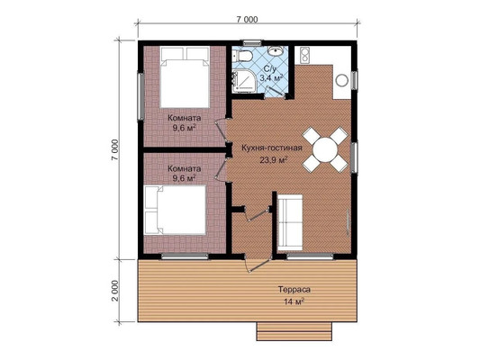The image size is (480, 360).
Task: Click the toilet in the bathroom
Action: (x=242, y=57)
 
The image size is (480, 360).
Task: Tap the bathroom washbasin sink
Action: (x=276, y=50)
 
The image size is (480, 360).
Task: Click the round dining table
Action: (x=325, y=150)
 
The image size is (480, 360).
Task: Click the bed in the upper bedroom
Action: (x=185, y=77)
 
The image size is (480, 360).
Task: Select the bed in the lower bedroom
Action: (x=175, y=210)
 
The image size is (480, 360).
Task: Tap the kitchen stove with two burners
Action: (x=305, y=56)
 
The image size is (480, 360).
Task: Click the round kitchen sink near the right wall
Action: (x=341, y=80)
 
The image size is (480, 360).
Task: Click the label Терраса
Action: (x=294, y=289)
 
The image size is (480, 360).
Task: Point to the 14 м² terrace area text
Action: (x=294, y=301)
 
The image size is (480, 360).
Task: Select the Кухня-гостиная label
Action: (x=272, y=148)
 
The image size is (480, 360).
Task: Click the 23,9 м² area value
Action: (x=274, y=160)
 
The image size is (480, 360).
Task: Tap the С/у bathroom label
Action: (x=269, y=68)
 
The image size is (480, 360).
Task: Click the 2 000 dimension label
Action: (x=114, y=291)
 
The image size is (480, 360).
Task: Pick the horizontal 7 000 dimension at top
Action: (x=247, y=19)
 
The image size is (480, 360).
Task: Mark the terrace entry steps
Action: (x=294, y=331)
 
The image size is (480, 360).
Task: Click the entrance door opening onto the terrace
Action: (x=258, y=264)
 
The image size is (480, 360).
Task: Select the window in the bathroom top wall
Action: (x=252, y=43)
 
